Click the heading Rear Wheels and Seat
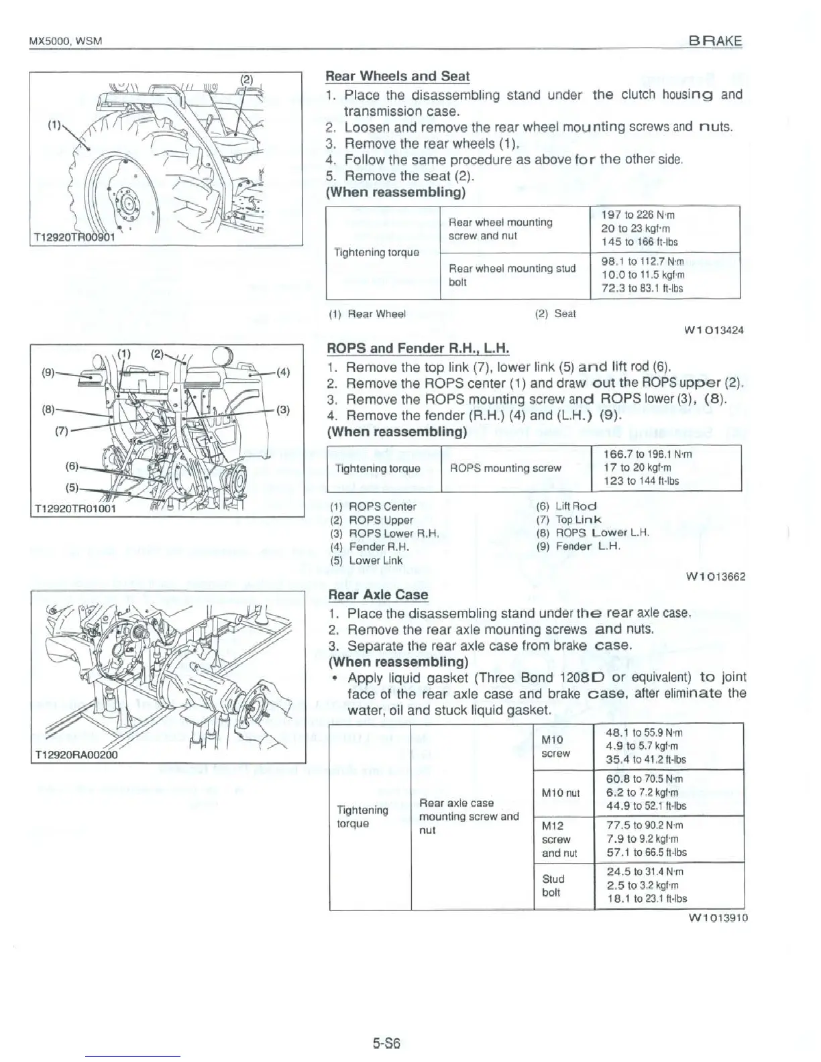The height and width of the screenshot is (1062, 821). (397, 76)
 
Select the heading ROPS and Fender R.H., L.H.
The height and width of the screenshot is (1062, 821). (417, 349)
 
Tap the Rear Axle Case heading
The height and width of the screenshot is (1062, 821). (378, 595)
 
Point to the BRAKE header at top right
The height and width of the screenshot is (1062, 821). (716, 40)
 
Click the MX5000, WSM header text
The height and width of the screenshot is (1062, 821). (65, 41)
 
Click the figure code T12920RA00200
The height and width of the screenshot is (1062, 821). (76, 754)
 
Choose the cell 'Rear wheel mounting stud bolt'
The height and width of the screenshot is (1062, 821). (512, 275)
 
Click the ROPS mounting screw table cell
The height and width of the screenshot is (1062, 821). (505, 468)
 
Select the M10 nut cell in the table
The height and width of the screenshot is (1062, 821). (560, 793)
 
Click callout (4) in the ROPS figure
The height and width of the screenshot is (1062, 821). (282, 373)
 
